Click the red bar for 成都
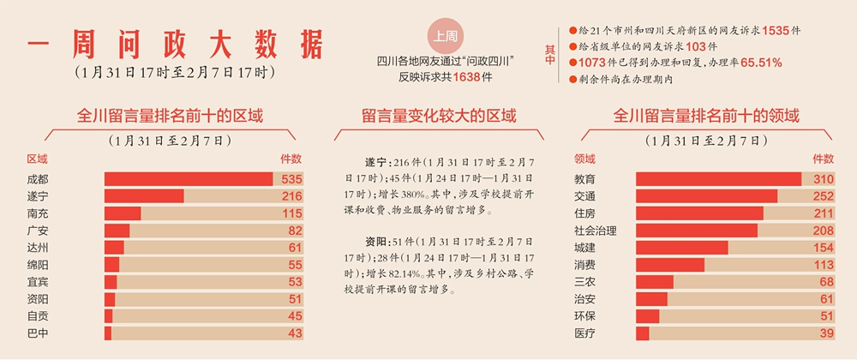click(x=189, y=179)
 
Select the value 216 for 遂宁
click(x=291, y=196)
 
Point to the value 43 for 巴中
click(x=295, y=333)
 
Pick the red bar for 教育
click(x=718, y=179)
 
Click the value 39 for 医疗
click(x=825, y=333)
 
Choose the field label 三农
click(x=584, y=281)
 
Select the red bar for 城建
click(x=682, y=248)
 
